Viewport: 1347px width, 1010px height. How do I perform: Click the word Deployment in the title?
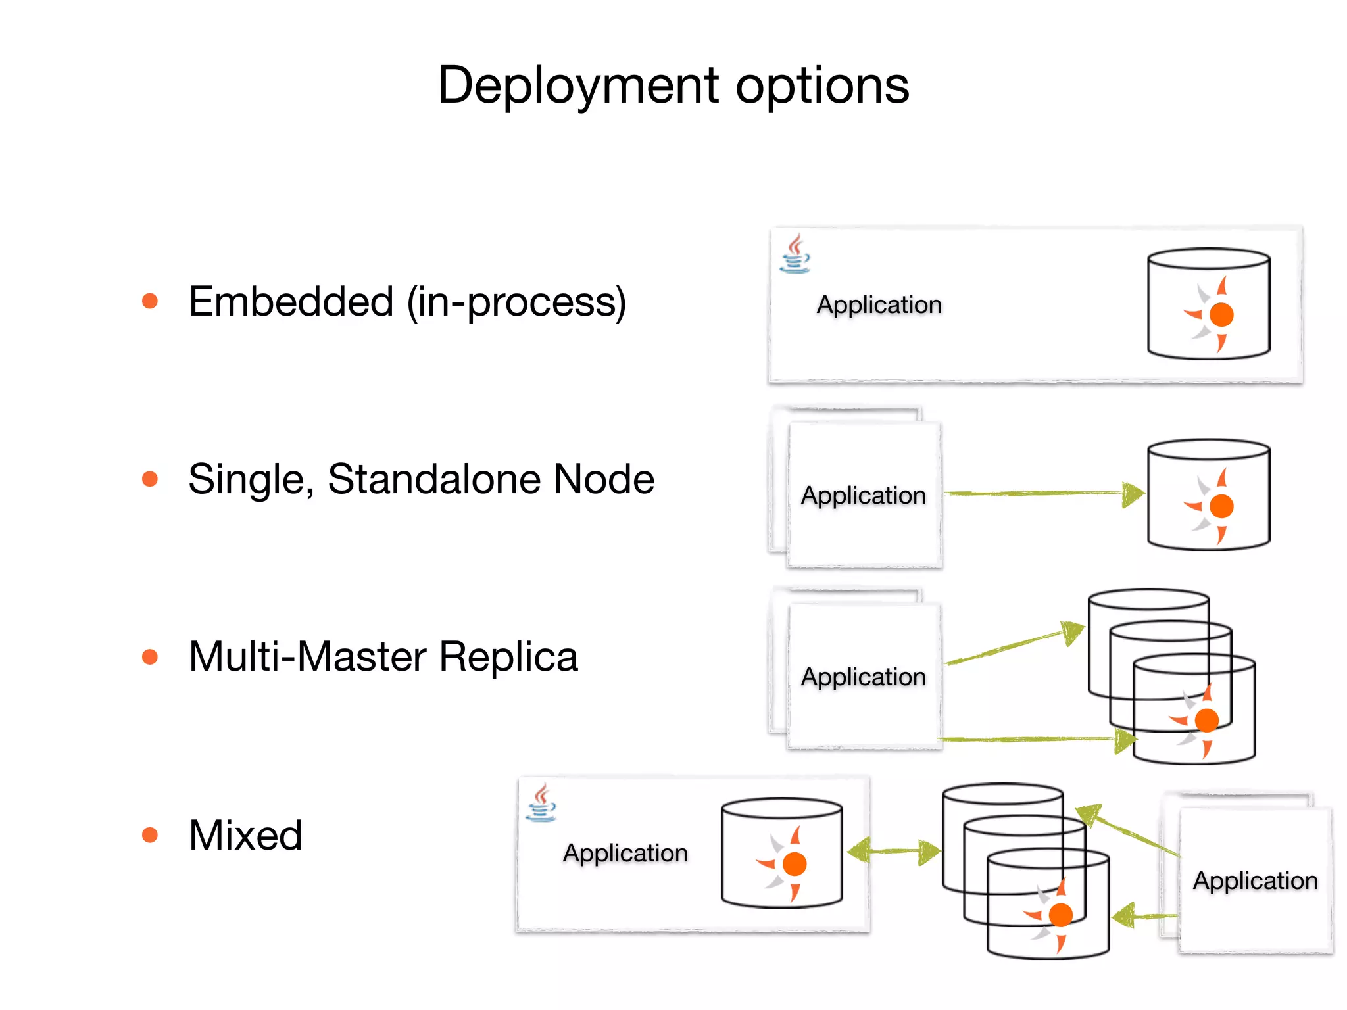pyautogui.click(x=579, y=85)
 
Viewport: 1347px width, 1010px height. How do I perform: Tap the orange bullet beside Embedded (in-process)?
pyautogui.click(x=150, y=301)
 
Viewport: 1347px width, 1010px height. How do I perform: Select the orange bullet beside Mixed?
pyautogui.click(x=150, y=835)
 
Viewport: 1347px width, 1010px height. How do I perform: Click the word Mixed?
pyautogui.click(x=245, y=835)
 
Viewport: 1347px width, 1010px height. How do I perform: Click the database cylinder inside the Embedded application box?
pyautogui.click(x=1208, y=304)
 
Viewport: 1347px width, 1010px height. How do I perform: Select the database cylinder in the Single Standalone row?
pyautogui.click(x=1208, y=494)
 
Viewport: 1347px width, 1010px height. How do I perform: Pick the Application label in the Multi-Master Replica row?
pyautogui.click(x=863, y=677)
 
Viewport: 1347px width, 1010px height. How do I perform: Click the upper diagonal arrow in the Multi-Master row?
pyautogui.click(x=1013, y=644)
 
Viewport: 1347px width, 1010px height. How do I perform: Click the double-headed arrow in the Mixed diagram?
pyautogui.click(x=894, y=852)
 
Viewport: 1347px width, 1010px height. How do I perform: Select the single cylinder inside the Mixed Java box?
pyautogui.click(x=781, y=853)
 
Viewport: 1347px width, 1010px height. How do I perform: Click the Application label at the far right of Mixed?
pyautogui.click(x=1255, y=880)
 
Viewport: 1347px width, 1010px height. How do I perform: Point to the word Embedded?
pyautogui.click(x=291, y=301)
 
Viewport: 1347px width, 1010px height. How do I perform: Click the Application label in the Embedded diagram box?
pyautogui.click(x=879, y=304)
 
